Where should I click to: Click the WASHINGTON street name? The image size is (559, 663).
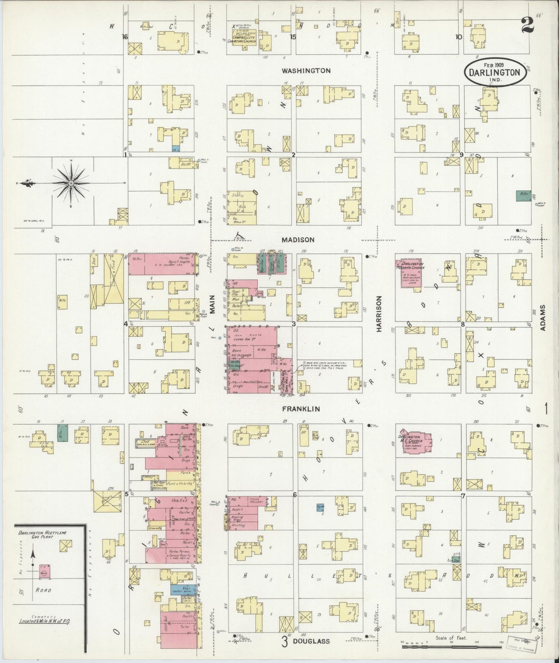306,71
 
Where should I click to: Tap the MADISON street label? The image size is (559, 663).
298,240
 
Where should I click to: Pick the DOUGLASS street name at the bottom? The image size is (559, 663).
311,641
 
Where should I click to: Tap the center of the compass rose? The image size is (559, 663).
72,183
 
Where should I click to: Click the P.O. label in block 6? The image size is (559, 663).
233,500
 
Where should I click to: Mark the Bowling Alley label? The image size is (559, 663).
237,518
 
